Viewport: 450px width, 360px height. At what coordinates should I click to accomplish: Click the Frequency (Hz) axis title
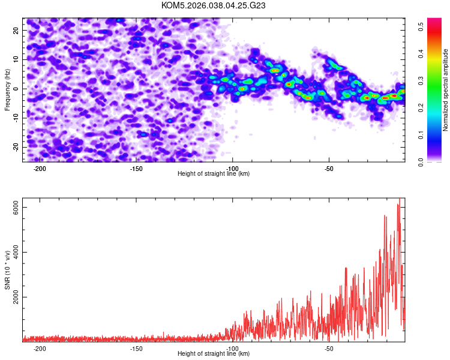coord(7,90)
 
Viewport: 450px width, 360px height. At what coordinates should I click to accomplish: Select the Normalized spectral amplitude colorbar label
coord(446,90)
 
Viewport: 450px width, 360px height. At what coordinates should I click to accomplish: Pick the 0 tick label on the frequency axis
coord(17,89)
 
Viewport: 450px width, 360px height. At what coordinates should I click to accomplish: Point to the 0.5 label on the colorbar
coord(422,26)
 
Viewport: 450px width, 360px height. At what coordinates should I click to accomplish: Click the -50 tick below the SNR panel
coord(329,348)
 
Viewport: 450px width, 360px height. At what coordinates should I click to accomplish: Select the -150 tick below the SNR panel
coord(136,348)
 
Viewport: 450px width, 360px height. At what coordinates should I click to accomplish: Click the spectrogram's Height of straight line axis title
coord(214,173)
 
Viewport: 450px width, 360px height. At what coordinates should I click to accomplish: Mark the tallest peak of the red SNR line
coord(399,199)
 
